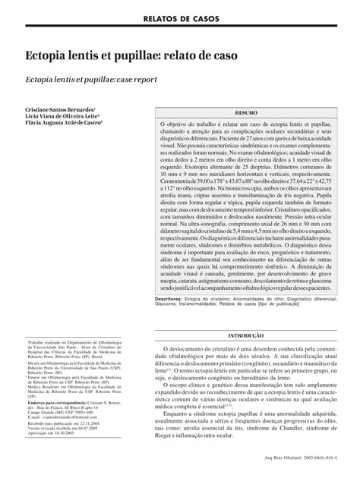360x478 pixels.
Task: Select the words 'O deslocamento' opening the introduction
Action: (189, 347)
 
